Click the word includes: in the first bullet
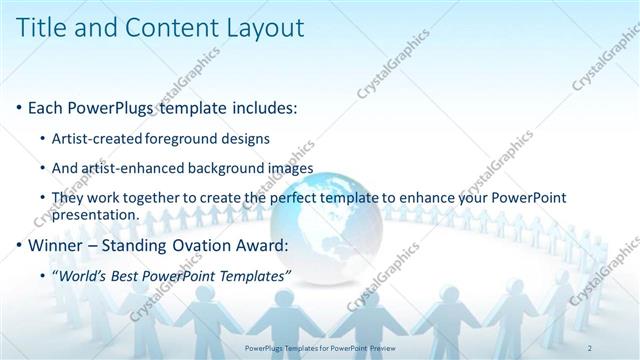point(257,107)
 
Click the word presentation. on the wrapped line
point(98,214)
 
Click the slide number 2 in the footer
point(591,347)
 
